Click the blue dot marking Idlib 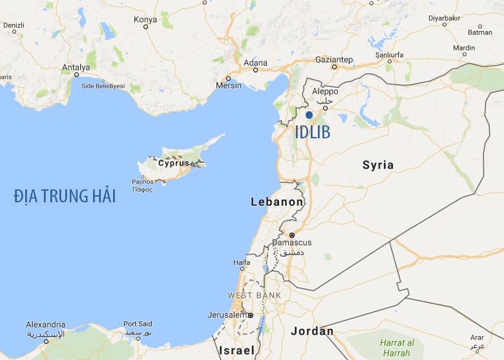pyautogui.click(x=310, y=115)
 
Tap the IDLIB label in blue pyautogui.click(x=312, y=132)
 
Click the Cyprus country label pyautogui.click(x=174, y=163)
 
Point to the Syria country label pyautogui.click(x=378, y=165)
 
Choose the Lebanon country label pyautogui.click(x=277, y=202)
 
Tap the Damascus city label pyautogui.click(x=292, y=242)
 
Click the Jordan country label pyautogui.click(x=312, y=332)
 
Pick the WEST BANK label pyautogui.click(x=254, y=295)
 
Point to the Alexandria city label pyautogui.click(x=45, y=324)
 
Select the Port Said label pyautogui.click(x=138, y=324)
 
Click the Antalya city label pyautogui.click(x=76, y=67)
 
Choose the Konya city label pyautogui.click(x=145, y=19)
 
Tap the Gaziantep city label pyautogui.click(x=334, y=59)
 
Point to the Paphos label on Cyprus pyautogui.click(x=142, y=182)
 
